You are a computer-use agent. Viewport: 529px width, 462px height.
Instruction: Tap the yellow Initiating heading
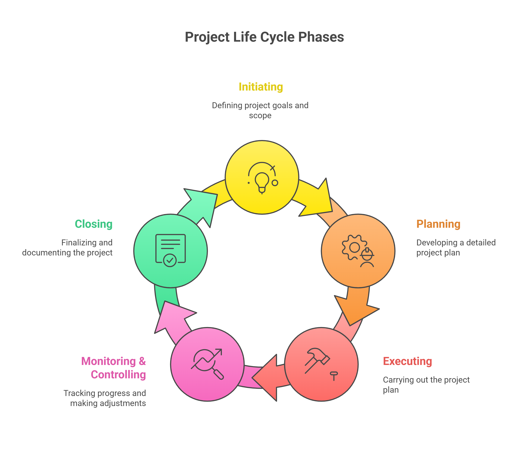click(261, 87)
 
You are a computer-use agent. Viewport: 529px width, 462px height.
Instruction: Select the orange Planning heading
click(438, 224)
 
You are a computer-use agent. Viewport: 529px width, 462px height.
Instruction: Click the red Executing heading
click(407, 361)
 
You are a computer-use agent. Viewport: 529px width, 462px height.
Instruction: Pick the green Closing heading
click(93, 224)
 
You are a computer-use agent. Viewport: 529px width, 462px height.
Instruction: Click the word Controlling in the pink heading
click(118, 375)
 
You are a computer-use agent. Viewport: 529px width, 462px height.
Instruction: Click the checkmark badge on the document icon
click(170, 260)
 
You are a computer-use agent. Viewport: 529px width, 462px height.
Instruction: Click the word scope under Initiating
click(260, 115)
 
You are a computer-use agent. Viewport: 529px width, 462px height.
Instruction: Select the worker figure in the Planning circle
click(367, 258)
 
